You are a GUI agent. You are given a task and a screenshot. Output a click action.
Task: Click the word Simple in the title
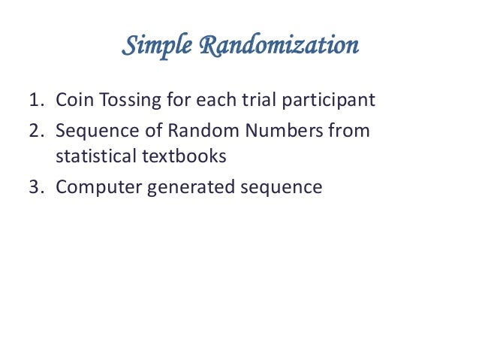pyautogui.click(x=152, y=47)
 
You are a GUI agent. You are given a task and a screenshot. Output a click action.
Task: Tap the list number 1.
pyautogui.click(x=35, y=101)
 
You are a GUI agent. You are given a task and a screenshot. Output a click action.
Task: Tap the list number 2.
pyautogui.click(x=35, y=130)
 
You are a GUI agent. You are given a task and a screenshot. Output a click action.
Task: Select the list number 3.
pyautogui.click(x=35, y=186)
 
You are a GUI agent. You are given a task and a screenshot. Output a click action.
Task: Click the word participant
pyautogui.click(x=332, y=101)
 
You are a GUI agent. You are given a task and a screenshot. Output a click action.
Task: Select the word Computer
pyautogui.click(x=93, y=187)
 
